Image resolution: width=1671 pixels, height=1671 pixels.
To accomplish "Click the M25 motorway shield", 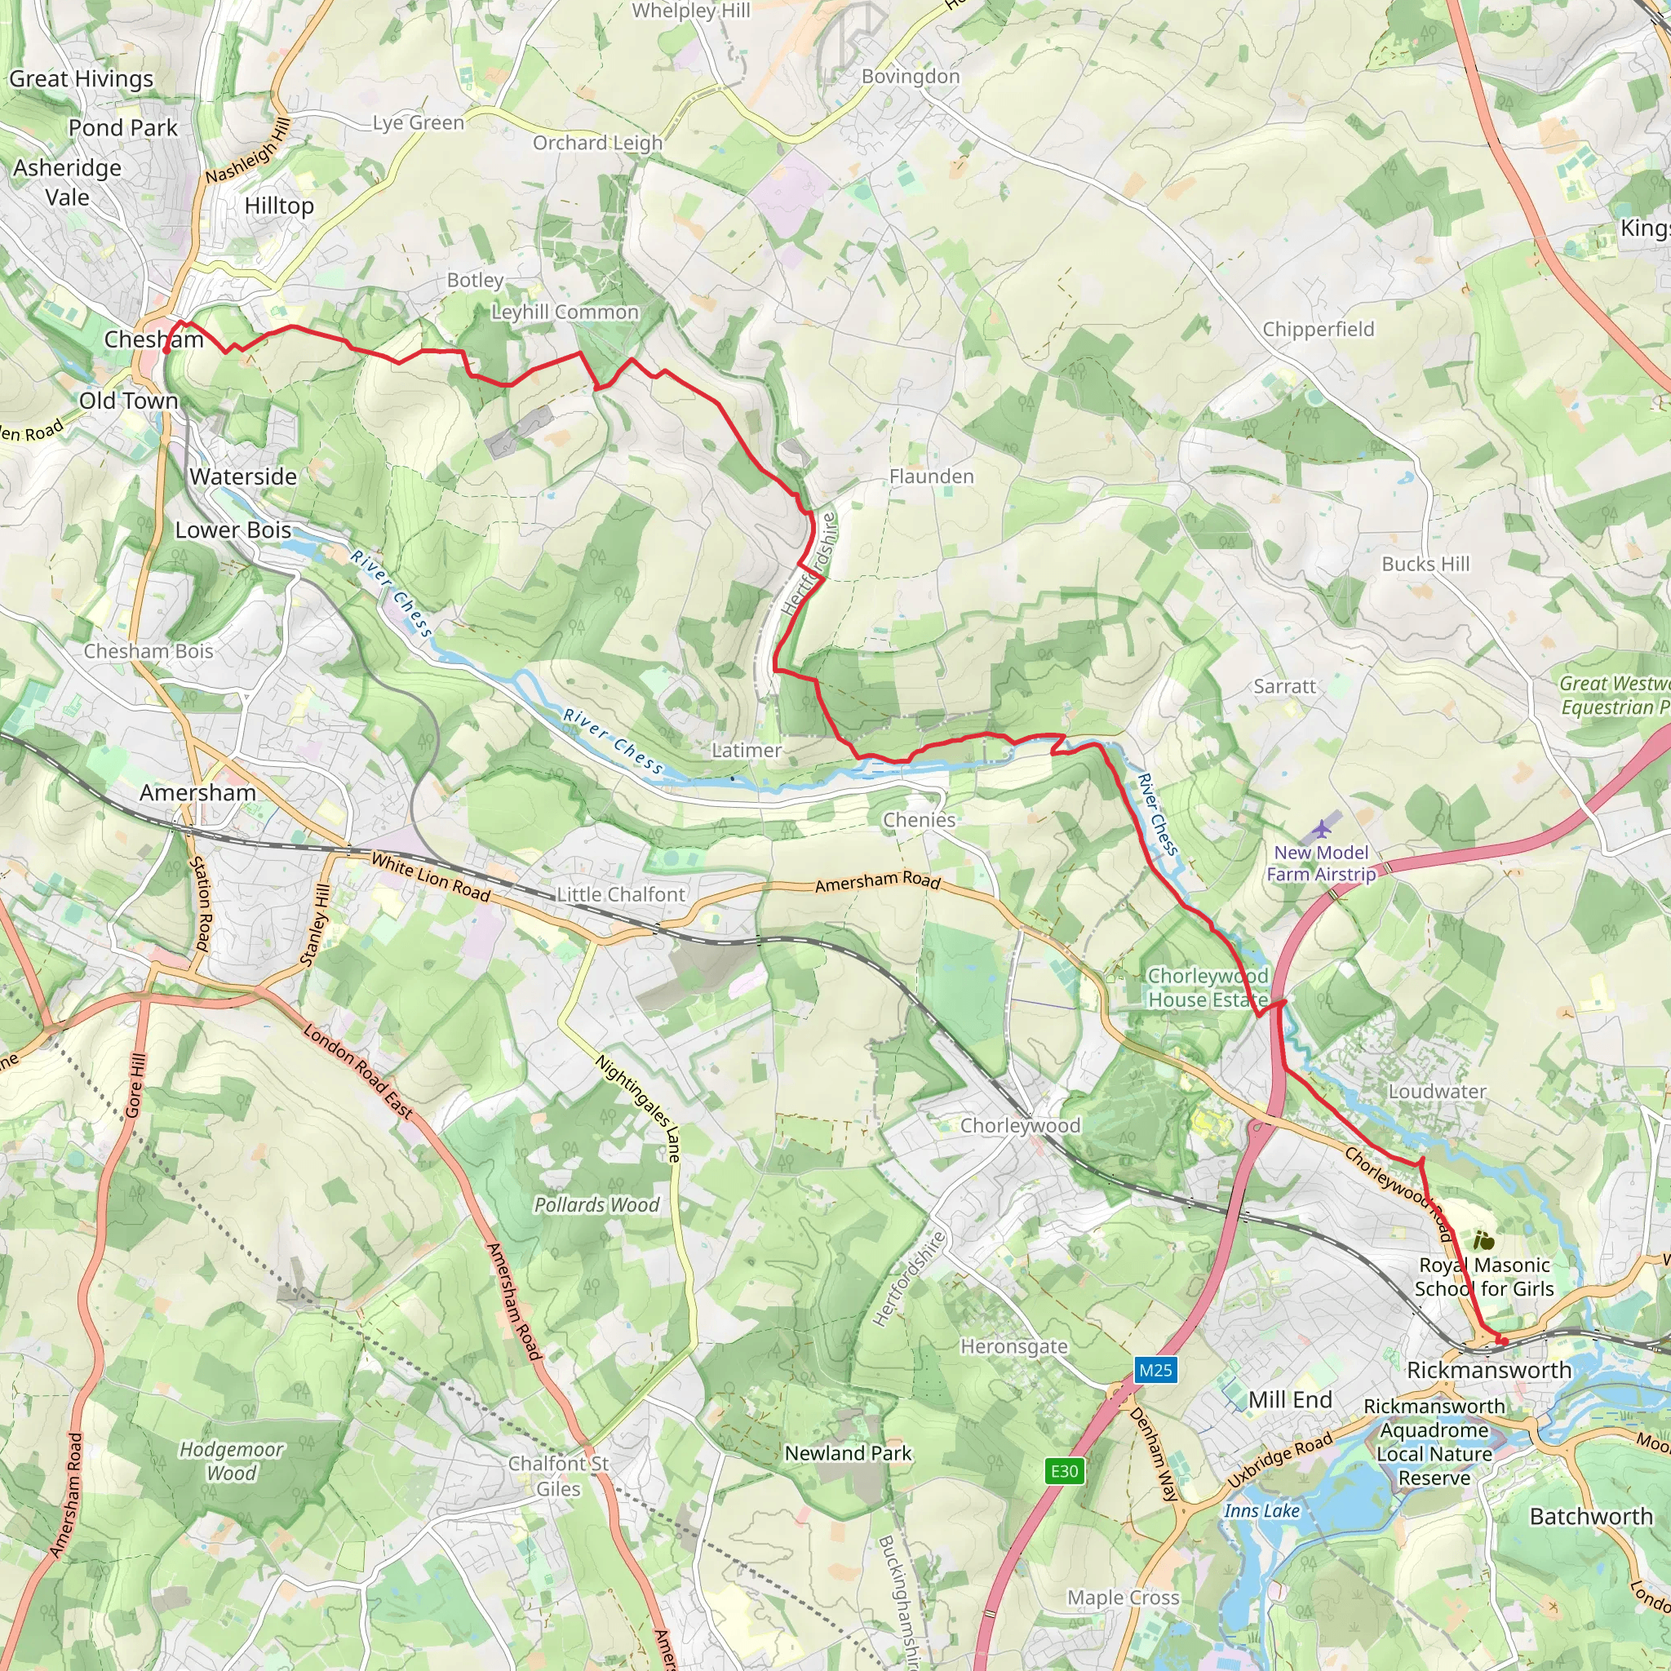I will click(1155, 1370).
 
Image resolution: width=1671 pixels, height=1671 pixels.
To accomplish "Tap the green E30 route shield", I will click(1064, 1471).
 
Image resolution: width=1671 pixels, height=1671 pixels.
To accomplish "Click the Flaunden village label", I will click(932, 476).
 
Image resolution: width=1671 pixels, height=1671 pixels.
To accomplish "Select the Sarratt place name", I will click(1284, 687).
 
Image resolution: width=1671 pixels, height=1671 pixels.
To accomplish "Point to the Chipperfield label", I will click(1319, 330).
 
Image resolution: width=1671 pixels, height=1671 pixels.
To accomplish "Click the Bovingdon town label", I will click(911, 77).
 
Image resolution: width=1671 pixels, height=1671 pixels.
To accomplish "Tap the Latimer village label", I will click(747, 751).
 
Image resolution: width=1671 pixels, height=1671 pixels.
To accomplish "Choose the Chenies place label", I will click(920, 820).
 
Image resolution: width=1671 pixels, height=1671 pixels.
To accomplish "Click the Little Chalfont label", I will click(621, 894).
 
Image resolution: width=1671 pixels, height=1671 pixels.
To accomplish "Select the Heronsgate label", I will click(1013, 1346).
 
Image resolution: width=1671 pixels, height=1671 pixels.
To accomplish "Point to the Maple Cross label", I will click(1124, 1598).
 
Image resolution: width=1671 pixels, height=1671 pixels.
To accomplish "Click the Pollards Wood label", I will click(596, 1205).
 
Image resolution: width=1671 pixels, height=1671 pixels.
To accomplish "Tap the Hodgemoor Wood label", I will click(231, 1460).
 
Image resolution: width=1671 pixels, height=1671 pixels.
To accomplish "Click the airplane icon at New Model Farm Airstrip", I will click(1321, 831).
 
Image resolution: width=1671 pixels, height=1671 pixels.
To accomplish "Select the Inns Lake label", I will click(1262, 1510).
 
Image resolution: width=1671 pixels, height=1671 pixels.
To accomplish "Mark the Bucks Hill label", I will click(1425, 564).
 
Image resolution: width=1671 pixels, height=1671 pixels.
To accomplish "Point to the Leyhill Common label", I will click(565, 312).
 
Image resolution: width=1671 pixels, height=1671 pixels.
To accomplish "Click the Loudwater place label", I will click(1438, 1092).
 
